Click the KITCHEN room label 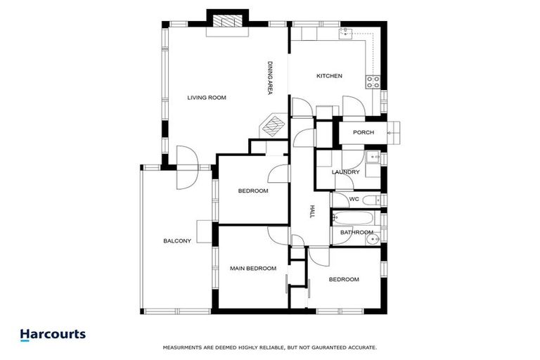(329, 76)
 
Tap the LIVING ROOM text (207, 97)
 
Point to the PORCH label (363, 132)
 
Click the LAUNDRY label (346, 172)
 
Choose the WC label (354, 199)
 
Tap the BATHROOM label (356, 232)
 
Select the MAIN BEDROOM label (253, 268)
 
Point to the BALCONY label (177, 241)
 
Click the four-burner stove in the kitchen (373, 82)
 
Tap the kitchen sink (345, 32)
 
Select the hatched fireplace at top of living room (228, 21)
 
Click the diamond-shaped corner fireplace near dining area (272, 127)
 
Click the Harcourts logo (53, 335)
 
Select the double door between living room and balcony (186, 169)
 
